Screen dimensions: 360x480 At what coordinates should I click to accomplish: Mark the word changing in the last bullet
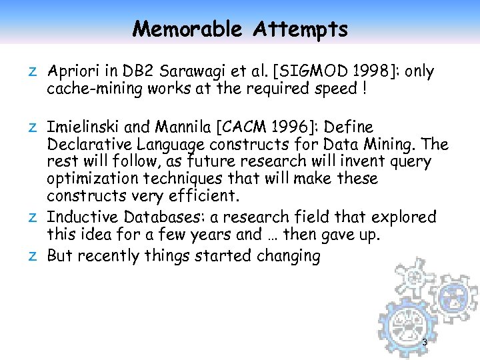point(288,256)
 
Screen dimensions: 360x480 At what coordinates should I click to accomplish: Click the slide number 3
point(425,342)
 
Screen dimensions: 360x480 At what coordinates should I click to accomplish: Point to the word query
point(414,162)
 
